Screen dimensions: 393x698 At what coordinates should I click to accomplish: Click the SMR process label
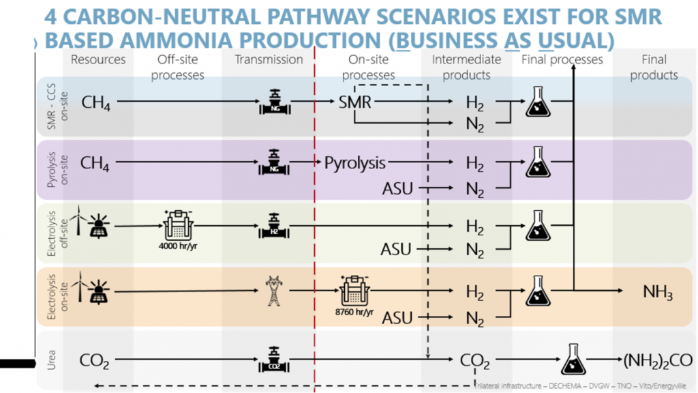[x=354, y=103]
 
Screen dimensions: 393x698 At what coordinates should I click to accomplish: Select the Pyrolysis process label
[x=354, y=163]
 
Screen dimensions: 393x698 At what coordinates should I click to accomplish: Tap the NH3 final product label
[x=658, y=293]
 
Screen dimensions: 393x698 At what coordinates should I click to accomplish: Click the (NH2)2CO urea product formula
[x=657, y=360]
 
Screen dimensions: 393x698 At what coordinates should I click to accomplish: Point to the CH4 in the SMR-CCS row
[x=95, y=103]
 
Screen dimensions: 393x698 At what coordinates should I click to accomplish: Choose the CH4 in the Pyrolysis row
[x=95, y=164]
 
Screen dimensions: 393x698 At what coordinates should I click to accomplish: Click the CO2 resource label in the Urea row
[x=95, y=360]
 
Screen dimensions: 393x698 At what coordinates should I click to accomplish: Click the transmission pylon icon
[x=273, y=292]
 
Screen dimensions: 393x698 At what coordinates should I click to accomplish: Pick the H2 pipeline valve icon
[x=273, y=226]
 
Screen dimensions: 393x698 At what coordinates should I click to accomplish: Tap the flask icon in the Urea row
[x=573, y=359]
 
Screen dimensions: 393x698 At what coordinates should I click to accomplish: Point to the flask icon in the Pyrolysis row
[x=538, y=162]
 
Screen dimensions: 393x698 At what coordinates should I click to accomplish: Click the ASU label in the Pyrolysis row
[x=397, y=188]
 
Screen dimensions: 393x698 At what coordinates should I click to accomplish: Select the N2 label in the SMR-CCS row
[x=475, y=123]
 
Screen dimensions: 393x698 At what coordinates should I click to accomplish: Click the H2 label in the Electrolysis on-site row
[x=475, y=293]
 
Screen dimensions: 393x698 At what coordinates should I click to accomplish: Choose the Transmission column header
[x=269, y=59]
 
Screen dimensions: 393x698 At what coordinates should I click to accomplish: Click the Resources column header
[x=98, y=59]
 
